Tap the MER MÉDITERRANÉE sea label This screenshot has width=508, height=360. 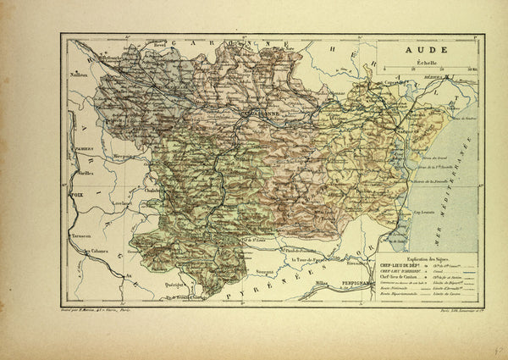462,191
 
